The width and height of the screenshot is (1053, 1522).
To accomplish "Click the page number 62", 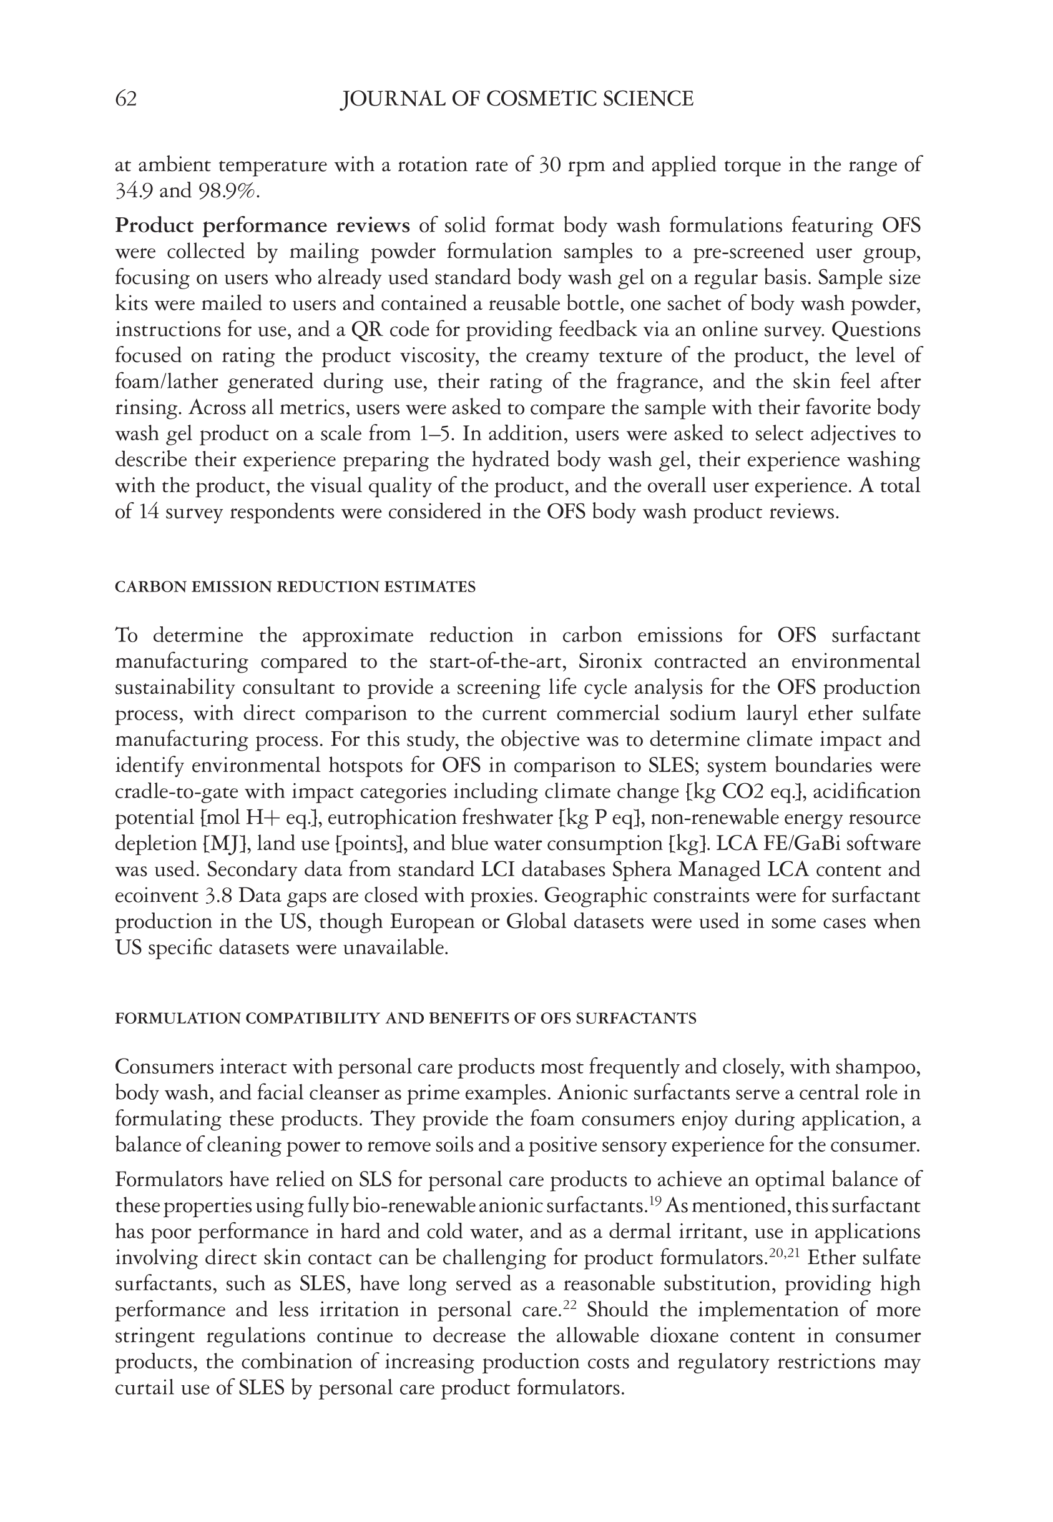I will [126, 99].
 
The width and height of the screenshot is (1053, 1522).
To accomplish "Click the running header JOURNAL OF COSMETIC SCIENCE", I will [517, 99].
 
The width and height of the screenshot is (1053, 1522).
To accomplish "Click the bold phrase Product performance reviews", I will [262, 225].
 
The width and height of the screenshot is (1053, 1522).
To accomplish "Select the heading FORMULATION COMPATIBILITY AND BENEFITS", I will [405, 1019].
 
